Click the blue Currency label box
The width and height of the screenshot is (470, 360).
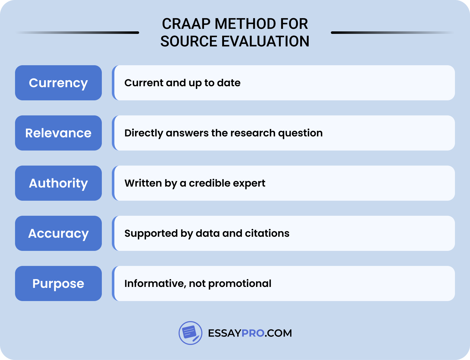58,83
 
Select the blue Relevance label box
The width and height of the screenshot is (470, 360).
58,133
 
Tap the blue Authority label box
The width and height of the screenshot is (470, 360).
58,183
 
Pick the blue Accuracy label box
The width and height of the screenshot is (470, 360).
58,233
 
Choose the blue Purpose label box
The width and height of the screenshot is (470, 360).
58,283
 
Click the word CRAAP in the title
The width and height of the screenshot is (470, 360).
186,24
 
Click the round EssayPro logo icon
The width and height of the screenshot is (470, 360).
190,333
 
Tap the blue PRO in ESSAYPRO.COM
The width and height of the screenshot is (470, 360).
253,333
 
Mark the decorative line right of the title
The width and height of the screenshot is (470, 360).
392,33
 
